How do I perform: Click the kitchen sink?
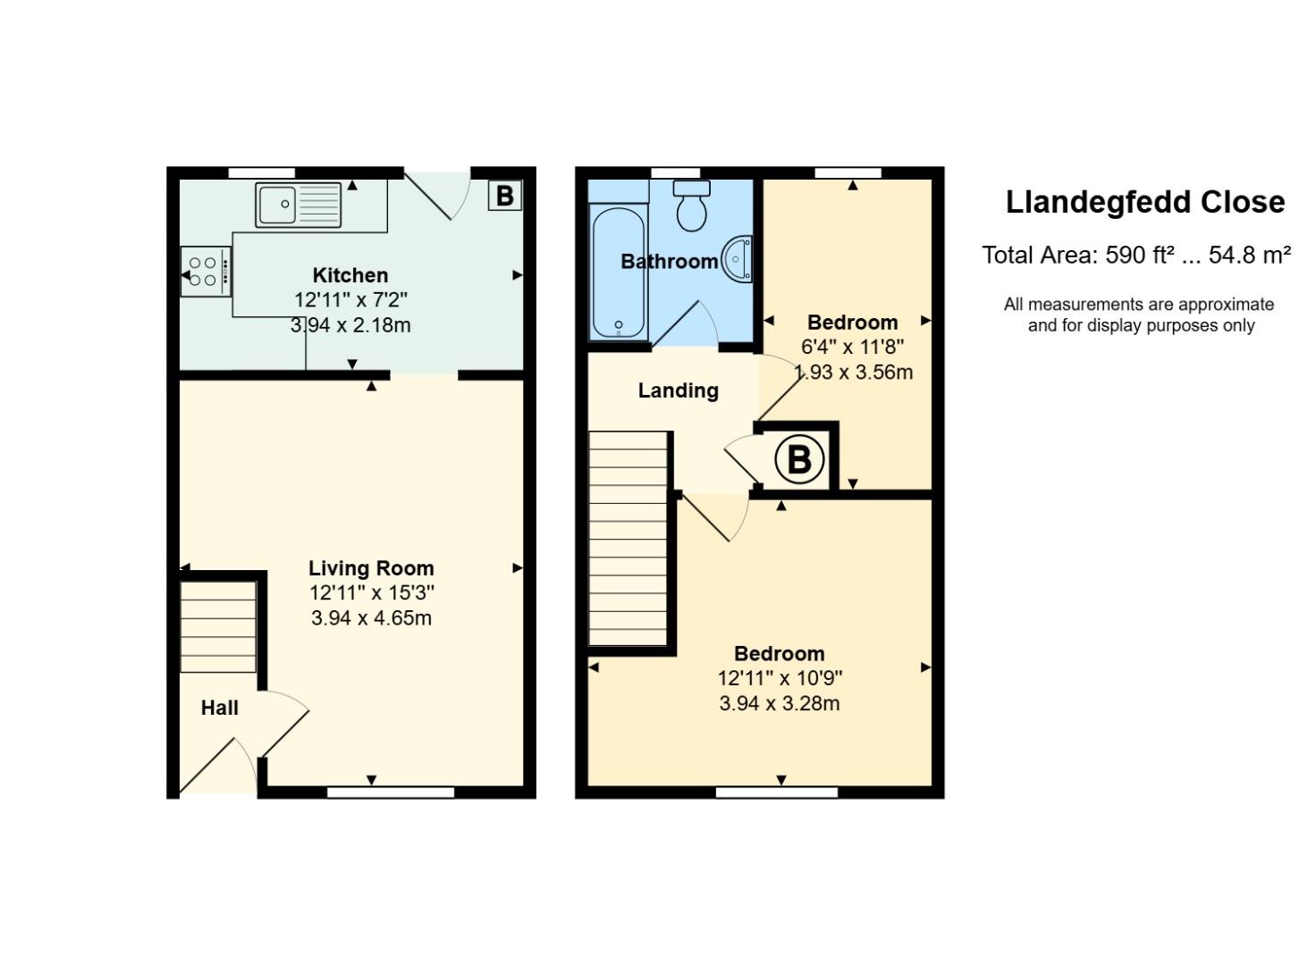(x=298, y=205)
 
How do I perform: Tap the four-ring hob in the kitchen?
(x=206, y=272)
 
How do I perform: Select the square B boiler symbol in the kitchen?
(x=504, y=195)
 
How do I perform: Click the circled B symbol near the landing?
(x=798, y=459)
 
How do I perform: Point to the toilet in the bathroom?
(x=691, y=206)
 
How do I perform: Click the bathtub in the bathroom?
(x=618, y=273)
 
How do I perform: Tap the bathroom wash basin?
(x=738, y=258)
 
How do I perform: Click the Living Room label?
(x=371, y=568)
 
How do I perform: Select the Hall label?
(x=219, y=708)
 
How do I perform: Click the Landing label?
(x=678, y=390)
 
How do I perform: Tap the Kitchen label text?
(x=350, y=275)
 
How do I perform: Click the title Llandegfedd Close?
(x=1144, y=202)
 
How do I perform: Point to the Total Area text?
(x=1135, y=256)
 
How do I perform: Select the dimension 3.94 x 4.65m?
(x=371, y=617)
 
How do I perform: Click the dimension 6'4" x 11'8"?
(x=852, y=347)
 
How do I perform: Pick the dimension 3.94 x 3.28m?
(x=779, y=703)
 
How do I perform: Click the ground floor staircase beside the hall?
(x=218, y=626)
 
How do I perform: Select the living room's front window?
(x=391, y=792)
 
